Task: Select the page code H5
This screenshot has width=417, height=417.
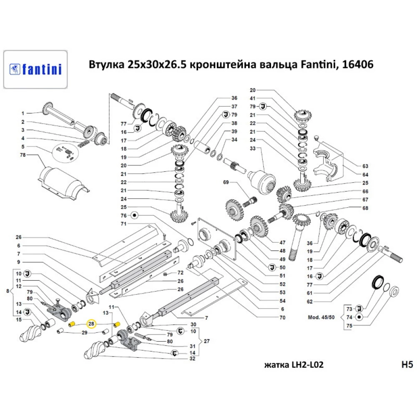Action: pyautogui.click(x=406, y=365)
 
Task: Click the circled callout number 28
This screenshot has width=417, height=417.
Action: pyautogui.click(x=91, y=324)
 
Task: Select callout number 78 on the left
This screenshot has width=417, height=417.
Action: pyautogui.click(x=23, y=155)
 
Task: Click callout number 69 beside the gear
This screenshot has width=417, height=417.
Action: pyautogui.click(x=226, y=182)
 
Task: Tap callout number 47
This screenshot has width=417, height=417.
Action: pyautogui.click(x=282, y=242)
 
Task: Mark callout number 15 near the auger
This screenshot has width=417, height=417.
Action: pyautogui.click(x=18, y=320)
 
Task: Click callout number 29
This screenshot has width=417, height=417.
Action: pyautogui.click(x=84, y=332)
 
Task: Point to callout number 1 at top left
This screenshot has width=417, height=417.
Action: pyautogui.click(x=23, y=113)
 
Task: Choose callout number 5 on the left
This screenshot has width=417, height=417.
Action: pyautogui.click(x=23, y=146)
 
